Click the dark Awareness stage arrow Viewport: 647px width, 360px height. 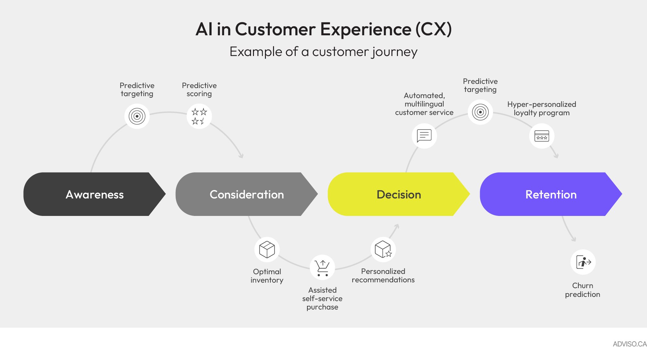tap(94, 194)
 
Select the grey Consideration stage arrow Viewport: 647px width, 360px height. tap(247, 194)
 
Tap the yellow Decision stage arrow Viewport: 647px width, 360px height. tap(399, 194)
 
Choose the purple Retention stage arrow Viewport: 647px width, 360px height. tap(551, 194)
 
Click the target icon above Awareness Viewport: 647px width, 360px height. tap(137, 116)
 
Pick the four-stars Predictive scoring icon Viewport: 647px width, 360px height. tap(199, 116)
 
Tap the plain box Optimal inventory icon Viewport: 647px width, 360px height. tap(267, 249)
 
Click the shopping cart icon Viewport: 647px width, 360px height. tap(322, 268)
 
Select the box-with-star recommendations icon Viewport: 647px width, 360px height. tap(383, 249)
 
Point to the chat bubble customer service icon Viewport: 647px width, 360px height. tap(424, 136)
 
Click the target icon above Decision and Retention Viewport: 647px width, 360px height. tap(480, 112)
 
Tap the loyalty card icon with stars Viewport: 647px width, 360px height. tap(542, 136)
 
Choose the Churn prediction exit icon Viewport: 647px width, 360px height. tap(583, 262)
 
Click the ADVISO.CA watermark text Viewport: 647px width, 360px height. tap(629, 344)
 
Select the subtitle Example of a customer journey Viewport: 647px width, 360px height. tap(323, 52)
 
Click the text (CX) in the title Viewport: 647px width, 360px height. tap(433, 29)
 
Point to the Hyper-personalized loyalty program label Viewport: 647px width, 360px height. tap(542, 108)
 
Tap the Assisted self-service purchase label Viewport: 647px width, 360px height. tap(322, 298)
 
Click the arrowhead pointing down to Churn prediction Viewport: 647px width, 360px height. tap(574, 240)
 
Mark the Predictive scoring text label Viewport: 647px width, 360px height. tap(199, 90)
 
